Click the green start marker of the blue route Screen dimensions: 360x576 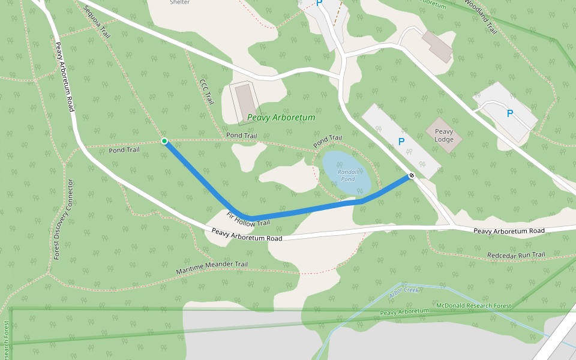click(x=164, y=141)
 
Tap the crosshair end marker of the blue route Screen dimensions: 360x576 click(x=412, y=176)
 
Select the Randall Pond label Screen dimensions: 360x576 click(x=347, y=175)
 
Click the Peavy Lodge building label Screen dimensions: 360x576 click(x=444, y=136)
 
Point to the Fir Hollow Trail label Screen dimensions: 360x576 click(x=248, y=219)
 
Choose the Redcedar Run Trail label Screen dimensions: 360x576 click(x=515, y=255)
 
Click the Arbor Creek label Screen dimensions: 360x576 click(x=403, y=292)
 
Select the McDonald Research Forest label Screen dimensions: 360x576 click(x=473, y=306)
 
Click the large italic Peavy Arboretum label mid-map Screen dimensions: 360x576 click(x=281, y=118)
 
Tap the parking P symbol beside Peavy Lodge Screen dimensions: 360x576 click(x=401, y=142)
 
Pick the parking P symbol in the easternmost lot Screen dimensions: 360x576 click(x=509, y=113)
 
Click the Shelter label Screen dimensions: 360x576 click(x=180, y=2)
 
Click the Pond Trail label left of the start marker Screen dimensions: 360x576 click(x=124, y=149)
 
